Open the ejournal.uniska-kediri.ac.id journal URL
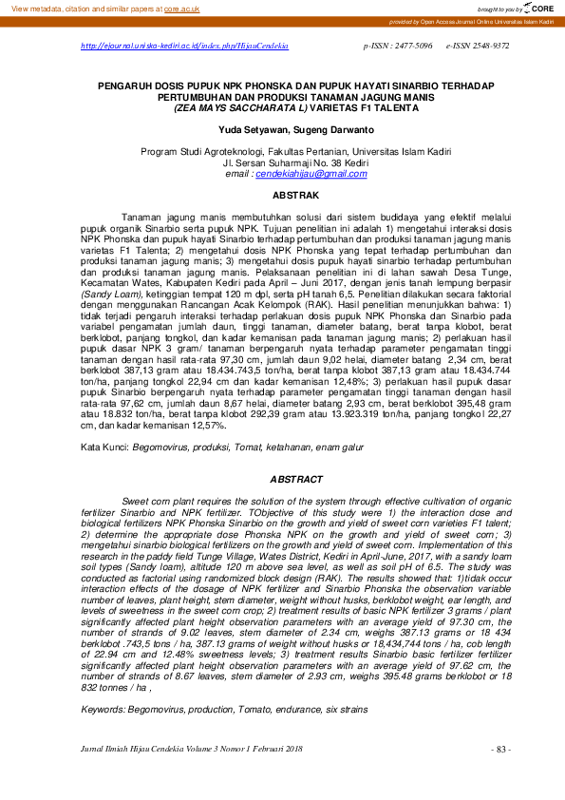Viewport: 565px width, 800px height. click(184, 46)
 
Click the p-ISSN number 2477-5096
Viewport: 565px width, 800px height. click(410, 46)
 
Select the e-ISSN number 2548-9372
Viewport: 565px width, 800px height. click(490, 46)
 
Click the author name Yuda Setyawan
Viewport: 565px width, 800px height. click(250, 128)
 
